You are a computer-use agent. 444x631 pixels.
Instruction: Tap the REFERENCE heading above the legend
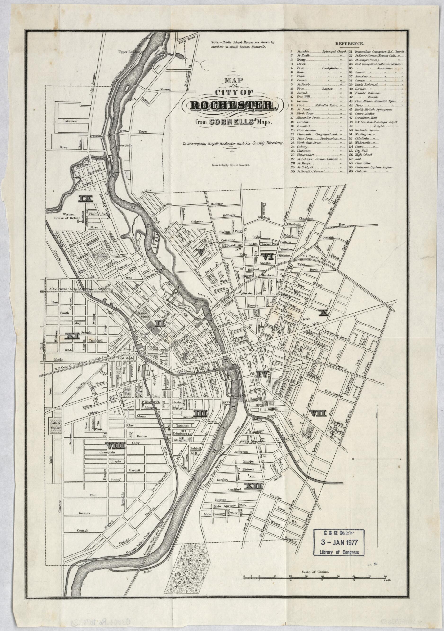349,44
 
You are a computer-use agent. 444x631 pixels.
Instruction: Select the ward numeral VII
317,413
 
